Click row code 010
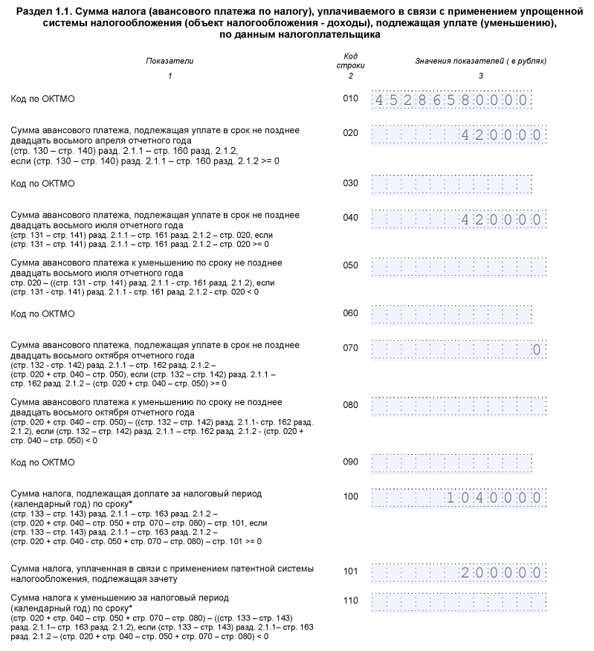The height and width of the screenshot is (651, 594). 350,99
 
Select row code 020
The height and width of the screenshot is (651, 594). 350,134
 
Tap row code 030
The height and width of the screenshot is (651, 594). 350,183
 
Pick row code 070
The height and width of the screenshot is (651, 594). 350,348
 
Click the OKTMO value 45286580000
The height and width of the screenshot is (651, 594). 451,100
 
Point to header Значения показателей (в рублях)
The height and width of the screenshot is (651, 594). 480,61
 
